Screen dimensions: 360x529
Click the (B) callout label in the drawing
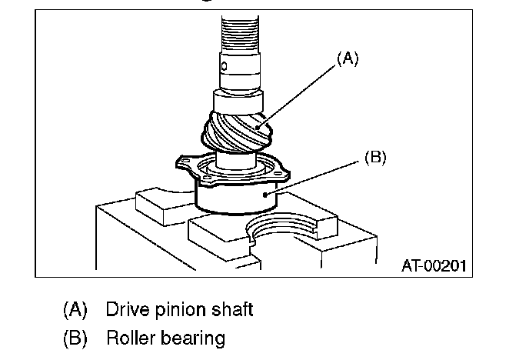pyautogui.click(x=375, y=158)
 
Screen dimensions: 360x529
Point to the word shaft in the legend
pyautogui.click(x=231, y=310)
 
